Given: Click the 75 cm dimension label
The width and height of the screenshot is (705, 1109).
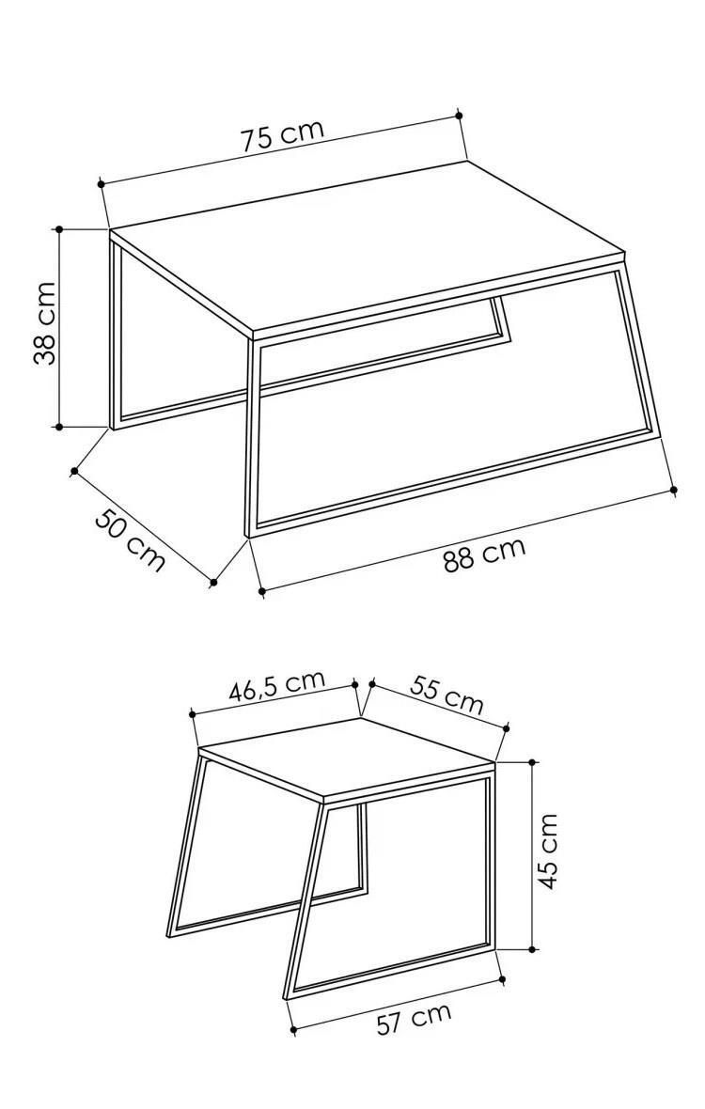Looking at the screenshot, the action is click(x=282, y=135).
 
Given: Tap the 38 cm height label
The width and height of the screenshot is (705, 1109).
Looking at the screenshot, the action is click(x=44, y=323).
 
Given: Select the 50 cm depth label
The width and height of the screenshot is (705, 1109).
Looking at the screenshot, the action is click(x=130, y=539).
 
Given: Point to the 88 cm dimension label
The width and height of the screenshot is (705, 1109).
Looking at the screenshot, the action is click(x=484, y=554).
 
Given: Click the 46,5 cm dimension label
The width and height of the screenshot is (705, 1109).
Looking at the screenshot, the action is click(x=276, y=685).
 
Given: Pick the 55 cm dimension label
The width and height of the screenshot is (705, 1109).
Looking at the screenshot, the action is click(x=446, y=695).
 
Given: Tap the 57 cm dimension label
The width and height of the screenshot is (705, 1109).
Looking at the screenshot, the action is click(x=414, y=1019).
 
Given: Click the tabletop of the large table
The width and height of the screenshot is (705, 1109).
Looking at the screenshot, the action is click(x=368, y=247).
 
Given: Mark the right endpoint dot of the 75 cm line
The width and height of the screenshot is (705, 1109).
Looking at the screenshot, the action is click(x=459, y=115).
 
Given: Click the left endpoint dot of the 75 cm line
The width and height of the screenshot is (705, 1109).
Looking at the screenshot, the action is click(x=102, y=184).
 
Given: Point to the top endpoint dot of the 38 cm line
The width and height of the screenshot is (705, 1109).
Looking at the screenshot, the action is click(x=58, y=229).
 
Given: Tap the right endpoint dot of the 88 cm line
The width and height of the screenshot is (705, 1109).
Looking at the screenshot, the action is click(x=673, y=489).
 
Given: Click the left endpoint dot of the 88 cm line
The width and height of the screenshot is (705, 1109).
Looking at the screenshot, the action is click(x=261, y=590).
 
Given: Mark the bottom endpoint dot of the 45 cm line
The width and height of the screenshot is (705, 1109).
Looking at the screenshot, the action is click(x=532, y=949).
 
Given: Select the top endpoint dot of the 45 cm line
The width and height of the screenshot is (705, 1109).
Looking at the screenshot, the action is click(x=532, y=761).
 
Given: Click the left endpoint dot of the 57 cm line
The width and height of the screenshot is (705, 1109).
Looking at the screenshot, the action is click(x=292, y=1030).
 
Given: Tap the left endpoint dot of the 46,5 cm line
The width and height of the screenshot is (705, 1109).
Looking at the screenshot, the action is click(x=193, y=714).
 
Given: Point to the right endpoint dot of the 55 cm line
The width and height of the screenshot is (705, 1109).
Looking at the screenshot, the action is click(x=506, y=727).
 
